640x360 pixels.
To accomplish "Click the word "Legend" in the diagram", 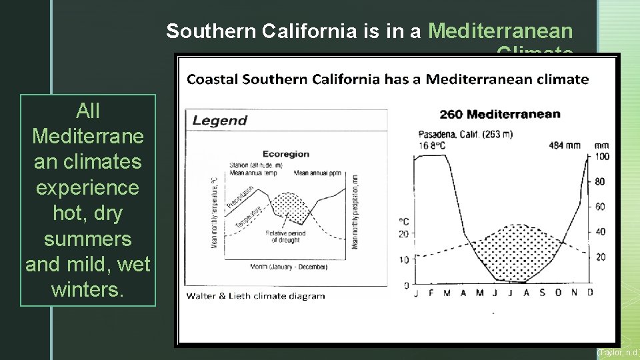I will tap(219, 121).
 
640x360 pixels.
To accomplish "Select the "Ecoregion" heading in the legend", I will tap(285, 153).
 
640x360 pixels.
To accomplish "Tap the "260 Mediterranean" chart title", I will tap(500, 114).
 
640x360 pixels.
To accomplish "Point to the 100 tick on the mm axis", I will tap(601, 157).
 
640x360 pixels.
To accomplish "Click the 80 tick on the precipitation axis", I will tap(600, 181).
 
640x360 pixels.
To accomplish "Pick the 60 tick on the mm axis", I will tap(600, 207).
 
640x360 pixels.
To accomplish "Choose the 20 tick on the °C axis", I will tap(403, 233).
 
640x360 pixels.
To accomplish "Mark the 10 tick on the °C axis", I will tap(403, 259).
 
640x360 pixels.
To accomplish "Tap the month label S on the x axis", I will tap(541, 293).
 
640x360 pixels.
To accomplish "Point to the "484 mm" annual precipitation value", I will tap(564, 145).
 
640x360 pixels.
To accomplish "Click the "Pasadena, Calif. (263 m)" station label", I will tap(465, 133).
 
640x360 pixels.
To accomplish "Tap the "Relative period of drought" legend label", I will tap(285, 237).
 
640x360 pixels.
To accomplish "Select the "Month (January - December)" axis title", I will tap(288, 267).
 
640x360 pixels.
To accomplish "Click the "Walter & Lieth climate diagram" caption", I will tap(255, 295).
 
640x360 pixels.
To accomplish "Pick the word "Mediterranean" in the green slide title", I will tap(501, 31).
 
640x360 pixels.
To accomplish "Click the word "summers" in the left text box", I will tap(87, 239).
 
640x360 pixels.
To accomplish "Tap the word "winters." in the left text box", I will tap(87, 290).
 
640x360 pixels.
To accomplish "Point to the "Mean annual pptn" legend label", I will tap(317, 173).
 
